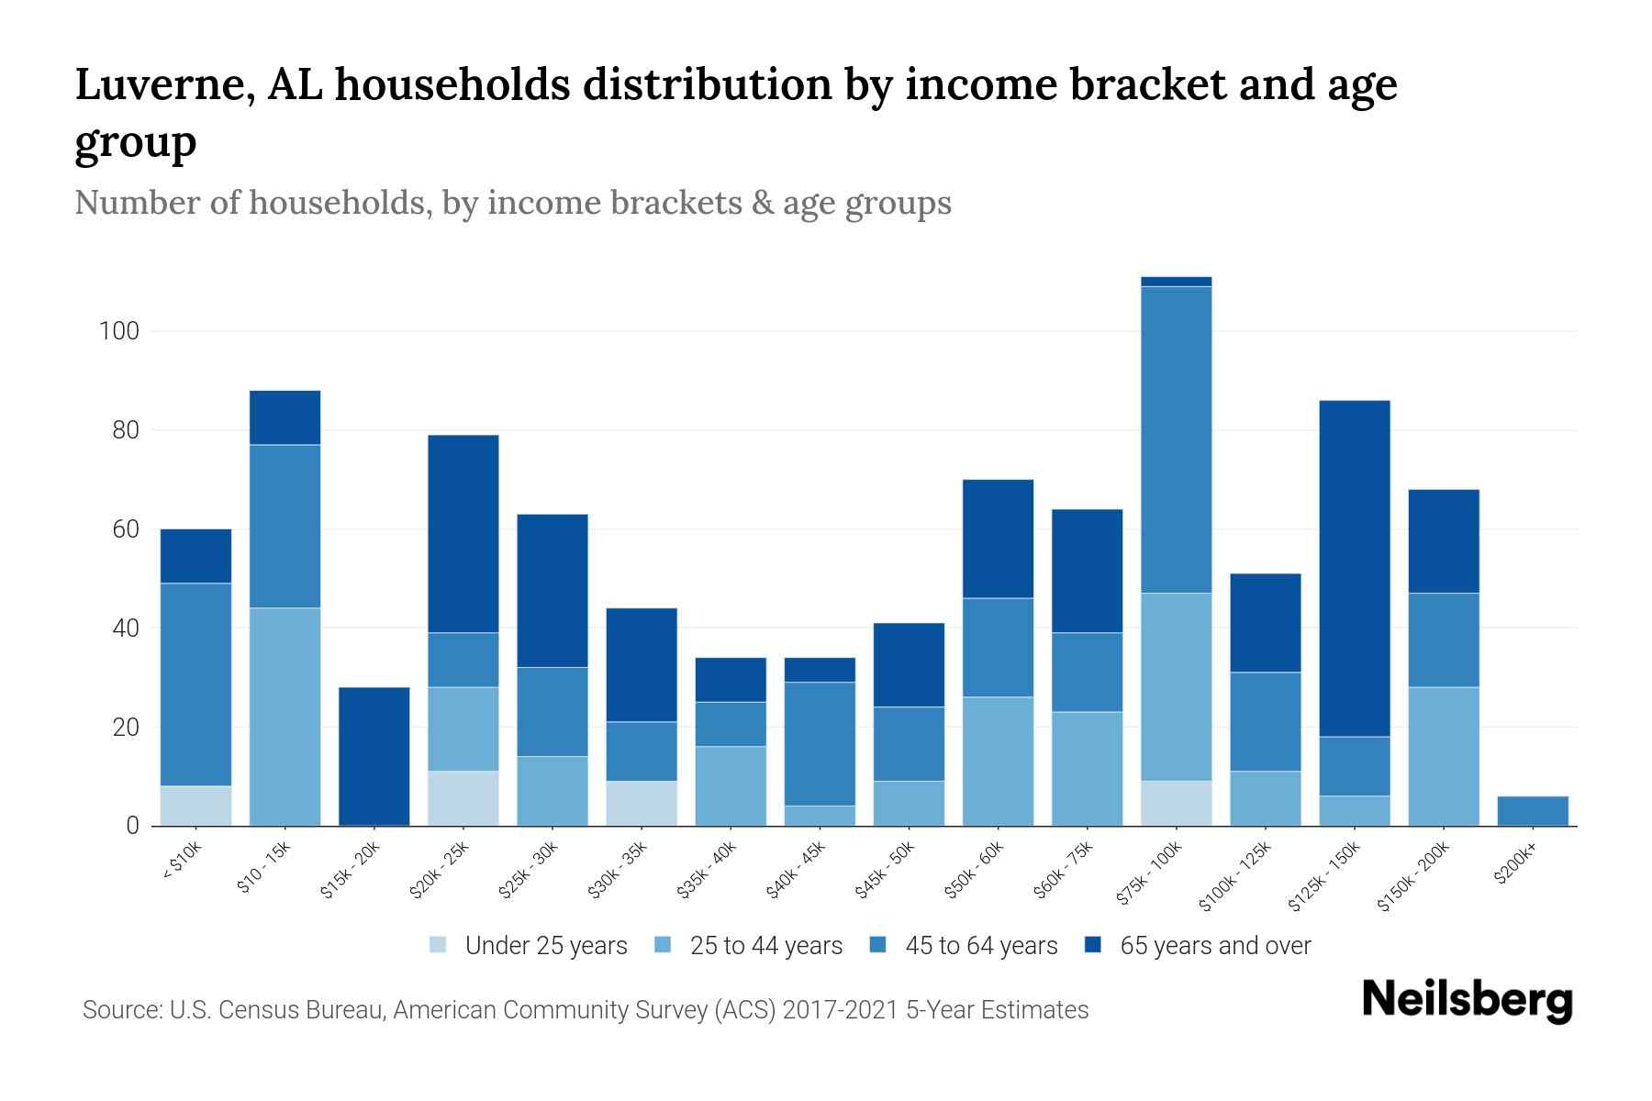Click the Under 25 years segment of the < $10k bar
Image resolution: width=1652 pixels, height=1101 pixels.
(195, 806)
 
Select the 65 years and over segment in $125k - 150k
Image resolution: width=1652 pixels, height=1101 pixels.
(1354, 568)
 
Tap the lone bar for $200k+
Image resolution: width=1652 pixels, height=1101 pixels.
(1532, 811)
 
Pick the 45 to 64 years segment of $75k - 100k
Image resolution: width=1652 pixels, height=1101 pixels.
(1176, 439)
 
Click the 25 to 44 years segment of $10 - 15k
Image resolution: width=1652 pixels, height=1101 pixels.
(285, 717)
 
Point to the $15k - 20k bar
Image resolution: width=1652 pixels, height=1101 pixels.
(374, 756)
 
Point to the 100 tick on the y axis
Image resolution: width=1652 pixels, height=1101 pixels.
(119, 331)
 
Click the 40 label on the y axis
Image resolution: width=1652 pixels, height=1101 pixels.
(125, 628)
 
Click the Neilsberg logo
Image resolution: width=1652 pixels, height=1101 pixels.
(1467, 1000)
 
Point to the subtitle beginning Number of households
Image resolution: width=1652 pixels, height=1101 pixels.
(512, 203)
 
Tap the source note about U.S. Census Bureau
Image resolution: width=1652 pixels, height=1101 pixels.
(585, 1010)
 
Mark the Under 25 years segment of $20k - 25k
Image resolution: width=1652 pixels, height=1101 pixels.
(463, 798)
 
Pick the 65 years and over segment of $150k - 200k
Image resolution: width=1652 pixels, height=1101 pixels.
(1443, 541)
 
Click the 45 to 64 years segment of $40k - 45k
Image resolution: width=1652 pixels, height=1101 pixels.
(820, 744)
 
